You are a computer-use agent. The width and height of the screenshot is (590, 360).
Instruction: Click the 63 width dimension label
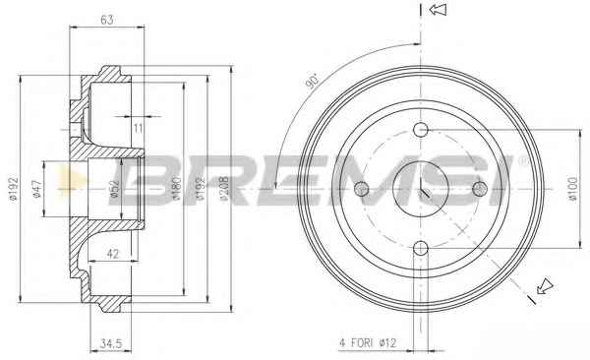click(x=107, y=20)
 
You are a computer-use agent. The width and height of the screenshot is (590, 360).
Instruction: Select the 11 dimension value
click(x=138, y=129)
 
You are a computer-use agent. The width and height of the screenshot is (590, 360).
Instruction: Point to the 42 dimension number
click(x=112, y=254)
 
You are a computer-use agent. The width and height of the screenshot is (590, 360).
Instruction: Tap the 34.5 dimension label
click(x=111, y=343)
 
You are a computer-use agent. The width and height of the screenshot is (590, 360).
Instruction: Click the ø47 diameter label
click(x=36, y=189)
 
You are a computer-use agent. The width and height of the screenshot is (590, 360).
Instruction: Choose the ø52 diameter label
click(x=114, y=189)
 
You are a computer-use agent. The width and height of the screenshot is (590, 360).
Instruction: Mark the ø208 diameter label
click(x=224, y=188)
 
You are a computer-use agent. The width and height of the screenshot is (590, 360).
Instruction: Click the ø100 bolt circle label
click(x=572, y=190)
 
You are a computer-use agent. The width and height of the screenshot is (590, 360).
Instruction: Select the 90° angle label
click(x=312, y=82)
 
